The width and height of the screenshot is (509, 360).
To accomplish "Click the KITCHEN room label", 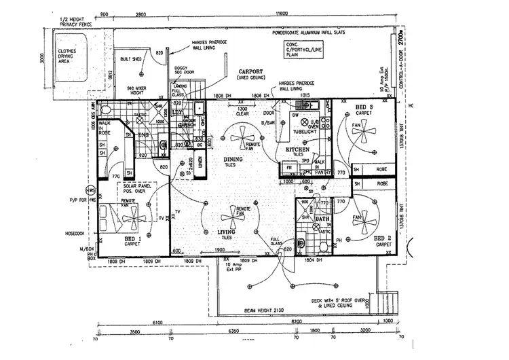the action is click(x=297, y=149).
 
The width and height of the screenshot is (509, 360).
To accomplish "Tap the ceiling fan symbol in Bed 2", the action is click(x=360, y=219).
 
